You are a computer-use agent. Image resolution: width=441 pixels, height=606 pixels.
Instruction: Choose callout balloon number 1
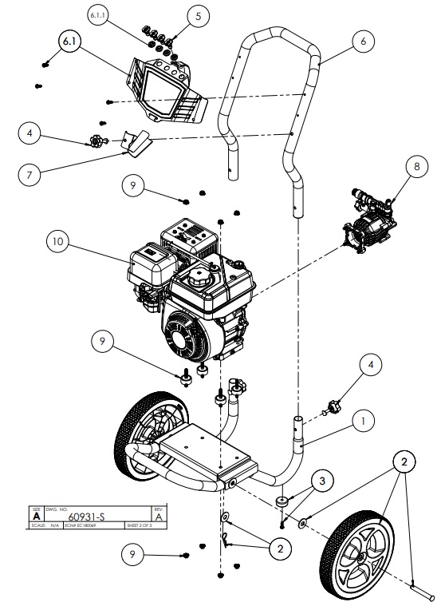point(363,416)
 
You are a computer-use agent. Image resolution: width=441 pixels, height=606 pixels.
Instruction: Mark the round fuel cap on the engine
point(197,280)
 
